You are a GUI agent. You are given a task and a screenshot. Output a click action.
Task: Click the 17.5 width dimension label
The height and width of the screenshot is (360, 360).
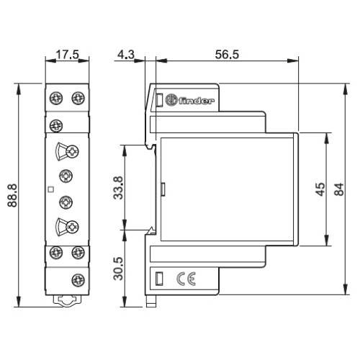pyautogui.click(x=67, y=55)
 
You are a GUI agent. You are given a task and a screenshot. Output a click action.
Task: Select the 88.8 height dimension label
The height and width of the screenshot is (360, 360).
pyautogui.click(x=12, y=195)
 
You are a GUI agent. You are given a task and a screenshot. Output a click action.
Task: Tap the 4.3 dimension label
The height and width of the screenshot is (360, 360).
pyautogui.click(x=126, y=55)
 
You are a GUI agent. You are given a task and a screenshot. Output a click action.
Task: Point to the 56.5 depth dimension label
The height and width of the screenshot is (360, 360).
pyautogui.click(x=227, y=55)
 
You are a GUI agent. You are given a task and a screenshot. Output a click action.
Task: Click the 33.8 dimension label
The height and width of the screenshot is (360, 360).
pyautogui.click(x=118, y=188)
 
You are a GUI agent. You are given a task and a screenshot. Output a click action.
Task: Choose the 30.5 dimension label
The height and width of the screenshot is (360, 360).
pyautogui.click(x=118, y=269)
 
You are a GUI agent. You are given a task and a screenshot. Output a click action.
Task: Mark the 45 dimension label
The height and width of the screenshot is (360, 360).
pyautogui.click(x=320, y=189)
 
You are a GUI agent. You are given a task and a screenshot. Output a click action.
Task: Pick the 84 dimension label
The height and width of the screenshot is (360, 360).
pyautogui.click(x=339, y=189)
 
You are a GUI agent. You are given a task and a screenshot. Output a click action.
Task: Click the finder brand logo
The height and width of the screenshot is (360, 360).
pyautogui.click(x=189, y=100)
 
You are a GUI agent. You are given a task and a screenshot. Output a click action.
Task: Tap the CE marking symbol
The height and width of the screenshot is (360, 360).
pyautogui.click(x=186, y=279)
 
